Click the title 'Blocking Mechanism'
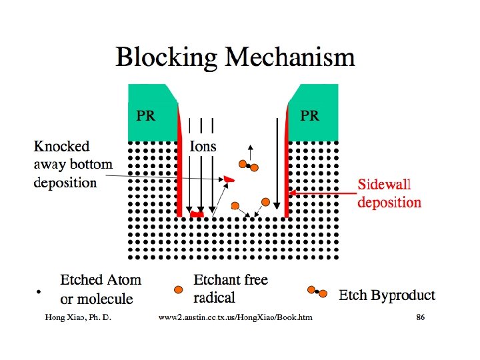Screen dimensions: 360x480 (x=235, y=57)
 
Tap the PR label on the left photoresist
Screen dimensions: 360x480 (x=146, y=115)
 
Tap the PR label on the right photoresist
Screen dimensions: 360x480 (x=310, y=115)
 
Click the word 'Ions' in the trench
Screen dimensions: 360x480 (x=203, y=146)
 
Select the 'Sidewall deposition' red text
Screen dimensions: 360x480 (x=389, y=193)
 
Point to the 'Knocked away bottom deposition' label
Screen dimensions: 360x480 (x=73, y=164)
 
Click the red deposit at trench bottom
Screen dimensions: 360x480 (x=196, y=215)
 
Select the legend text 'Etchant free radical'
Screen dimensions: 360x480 (x=231, y=288)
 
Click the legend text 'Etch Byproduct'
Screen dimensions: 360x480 (x=387, y=295)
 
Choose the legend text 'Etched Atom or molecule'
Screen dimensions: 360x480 (x=101, y=289)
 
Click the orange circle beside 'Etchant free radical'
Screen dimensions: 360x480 (x=178, y=289)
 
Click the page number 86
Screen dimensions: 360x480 (x=420, y=317)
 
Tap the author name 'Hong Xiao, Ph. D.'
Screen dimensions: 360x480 (x=77, y=317)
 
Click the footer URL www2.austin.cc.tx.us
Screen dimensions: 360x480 (x=235, y=317)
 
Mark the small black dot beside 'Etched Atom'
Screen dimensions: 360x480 (x=39, y=292)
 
